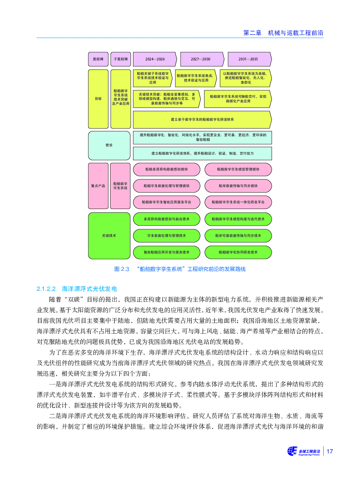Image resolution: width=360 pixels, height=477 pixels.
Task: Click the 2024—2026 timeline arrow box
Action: click(x=155, y=59)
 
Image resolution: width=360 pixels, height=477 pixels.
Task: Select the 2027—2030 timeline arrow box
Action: click(x=202, y=59)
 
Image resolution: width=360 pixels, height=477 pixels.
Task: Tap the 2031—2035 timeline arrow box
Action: click(x=250, y=59)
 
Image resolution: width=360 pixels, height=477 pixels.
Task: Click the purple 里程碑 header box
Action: click(x=98, y=59)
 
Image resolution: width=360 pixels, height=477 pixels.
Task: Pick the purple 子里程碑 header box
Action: click(x=121, y=59)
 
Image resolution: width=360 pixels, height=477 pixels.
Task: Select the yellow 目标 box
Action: click(x=98, y=99)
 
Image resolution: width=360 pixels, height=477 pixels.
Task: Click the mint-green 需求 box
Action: click(x=109, y=145)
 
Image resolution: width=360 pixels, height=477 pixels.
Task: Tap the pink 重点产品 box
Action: click(x=98, y=186)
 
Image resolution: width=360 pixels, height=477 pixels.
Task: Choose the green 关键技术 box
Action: click(x=109, y=235)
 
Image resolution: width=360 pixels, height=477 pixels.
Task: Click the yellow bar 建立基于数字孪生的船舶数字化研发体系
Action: click(x=202, y=120)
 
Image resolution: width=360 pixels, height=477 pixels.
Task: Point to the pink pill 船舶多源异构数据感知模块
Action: click(x=167, y=169)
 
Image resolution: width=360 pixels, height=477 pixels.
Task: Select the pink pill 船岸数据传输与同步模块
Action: click(x=238, y=186)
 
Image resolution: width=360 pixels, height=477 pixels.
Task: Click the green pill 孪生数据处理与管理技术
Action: click(x=167, y=235)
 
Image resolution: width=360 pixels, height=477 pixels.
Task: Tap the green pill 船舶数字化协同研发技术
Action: click(x=238, y=252)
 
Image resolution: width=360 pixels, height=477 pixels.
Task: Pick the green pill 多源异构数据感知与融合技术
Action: click(x=167, y=219)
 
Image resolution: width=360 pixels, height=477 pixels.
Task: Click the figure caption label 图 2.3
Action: click(x=122, y=269)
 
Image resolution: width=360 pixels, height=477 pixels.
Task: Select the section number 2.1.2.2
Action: click(x=46, y=289)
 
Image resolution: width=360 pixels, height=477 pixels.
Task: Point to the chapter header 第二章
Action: click(x=252, y=33)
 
